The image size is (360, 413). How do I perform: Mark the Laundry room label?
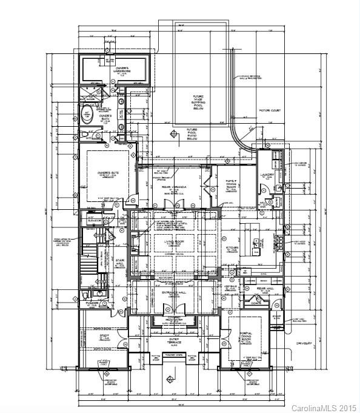(x=268, y=175)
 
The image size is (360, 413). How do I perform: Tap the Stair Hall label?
(x=119, y=265)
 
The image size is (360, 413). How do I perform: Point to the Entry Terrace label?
(x=175, y=343)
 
